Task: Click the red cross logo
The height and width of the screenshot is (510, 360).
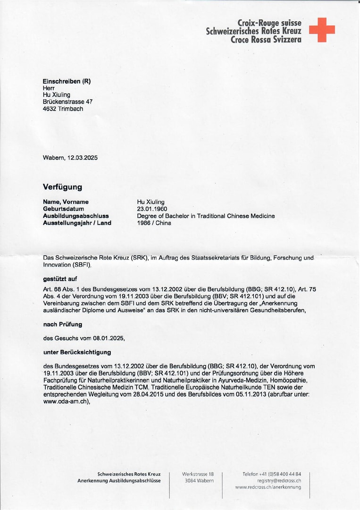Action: click(x=322, y=30)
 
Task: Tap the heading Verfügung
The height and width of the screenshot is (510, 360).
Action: click(x=62, y=187)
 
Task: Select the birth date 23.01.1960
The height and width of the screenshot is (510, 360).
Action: click(x=152, y=209)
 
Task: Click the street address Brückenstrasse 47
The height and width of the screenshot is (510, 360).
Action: click(x=67, y=102)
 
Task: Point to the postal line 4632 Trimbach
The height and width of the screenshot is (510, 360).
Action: click(x=63, y=109)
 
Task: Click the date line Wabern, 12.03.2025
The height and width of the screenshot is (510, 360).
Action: click(x=70, y=158)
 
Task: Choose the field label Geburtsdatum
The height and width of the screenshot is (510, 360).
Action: click(x=64, y=209)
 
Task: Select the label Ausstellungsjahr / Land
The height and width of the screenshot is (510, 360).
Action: click(x=77, y=223)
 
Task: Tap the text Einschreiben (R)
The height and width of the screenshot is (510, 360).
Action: click(x=67, y=81)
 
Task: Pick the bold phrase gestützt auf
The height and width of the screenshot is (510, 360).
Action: click(x=60, y=279)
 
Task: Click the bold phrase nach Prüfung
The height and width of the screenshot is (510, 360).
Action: click(x=62, y=324)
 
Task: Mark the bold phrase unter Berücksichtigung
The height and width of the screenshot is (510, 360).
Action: click(x=77, y=352)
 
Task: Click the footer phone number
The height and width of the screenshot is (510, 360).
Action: click(x=272, y=474)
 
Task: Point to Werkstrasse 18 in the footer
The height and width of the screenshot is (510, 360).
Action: click(x=198, y=474)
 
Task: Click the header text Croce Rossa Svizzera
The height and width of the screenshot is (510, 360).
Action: click(x=266, y=40)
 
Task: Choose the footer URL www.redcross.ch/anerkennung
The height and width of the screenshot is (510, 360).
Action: click(x=268, y=487)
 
